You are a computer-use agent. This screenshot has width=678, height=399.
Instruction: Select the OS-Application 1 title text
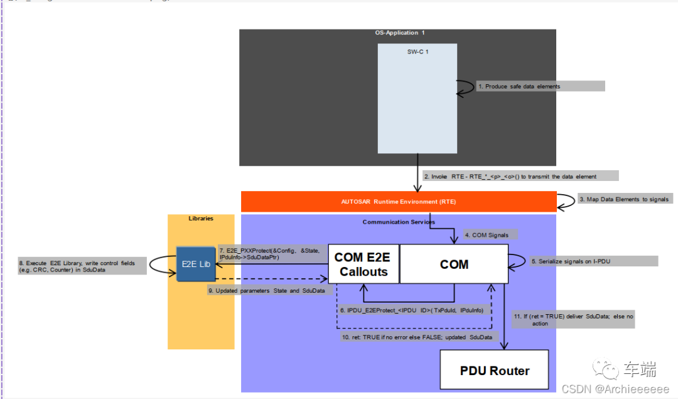click(x=399, y=33)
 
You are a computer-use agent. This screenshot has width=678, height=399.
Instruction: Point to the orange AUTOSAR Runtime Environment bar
click(x=399, y=202)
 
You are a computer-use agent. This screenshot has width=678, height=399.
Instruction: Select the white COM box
click(x=454, y=265)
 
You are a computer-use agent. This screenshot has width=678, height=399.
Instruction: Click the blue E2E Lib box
click(x=196, y=264)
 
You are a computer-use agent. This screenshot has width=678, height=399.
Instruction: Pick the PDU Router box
click(x=495, y=371)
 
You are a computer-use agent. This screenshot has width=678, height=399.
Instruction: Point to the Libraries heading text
click(x=201, y=219)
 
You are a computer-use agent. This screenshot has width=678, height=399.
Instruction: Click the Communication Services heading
click(x=399, y=222)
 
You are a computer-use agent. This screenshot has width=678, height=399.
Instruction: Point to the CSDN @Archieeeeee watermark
click(x=615, y=389)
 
